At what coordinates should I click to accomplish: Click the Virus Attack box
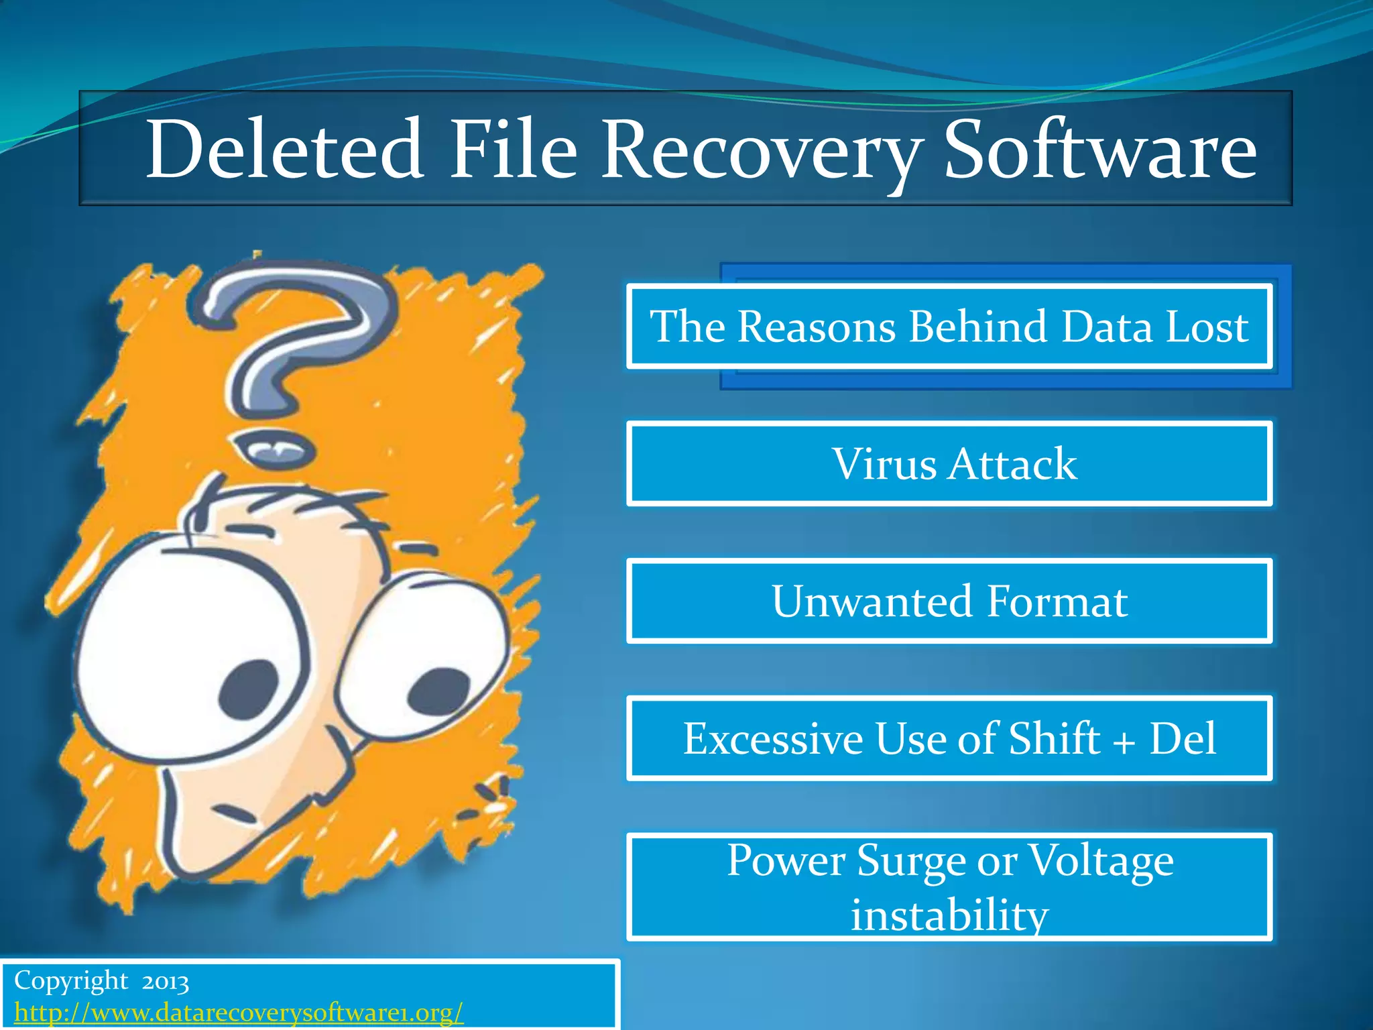pos(949,463)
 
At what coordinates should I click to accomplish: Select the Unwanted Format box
pos(949,601)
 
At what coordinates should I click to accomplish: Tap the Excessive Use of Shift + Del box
pos(949,738)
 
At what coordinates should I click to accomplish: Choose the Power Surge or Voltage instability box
pos(949,886)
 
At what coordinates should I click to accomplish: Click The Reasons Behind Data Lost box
pos(949,327)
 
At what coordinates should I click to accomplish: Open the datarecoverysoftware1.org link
pos(239,1012)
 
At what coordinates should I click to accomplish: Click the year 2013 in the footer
pos(165,982)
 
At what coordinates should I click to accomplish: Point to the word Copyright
pos(71,981)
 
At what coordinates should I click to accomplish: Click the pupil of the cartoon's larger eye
pos(248,687)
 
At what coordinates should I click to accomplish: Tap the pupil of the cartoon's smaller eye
pos(439,691)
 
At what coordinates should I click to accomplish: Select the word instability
pos(949,915)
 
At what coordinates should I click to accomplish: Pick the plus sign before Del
pos(1124,742)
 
